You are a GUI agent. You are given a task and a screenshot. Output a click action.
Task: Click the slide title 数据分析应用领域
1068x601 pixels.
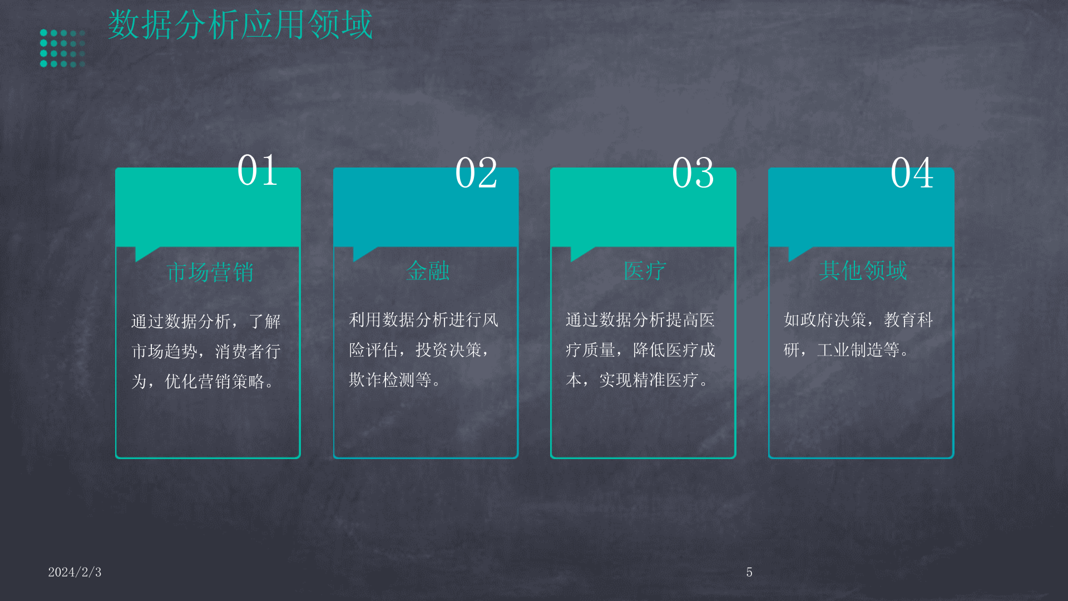pyautogui.click(x=240, y=25)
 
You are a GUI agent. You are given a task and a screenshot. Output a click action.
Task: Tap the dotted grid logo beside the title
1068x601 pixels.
pyautogui.click(x=62, y=48)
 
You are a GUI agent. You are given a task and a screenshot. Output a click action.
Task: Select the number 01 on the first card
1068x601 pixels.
pyautogui.click(x=258, y=170)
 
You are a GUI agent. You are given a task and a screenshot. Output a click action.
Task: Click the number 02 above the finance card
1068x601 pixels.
pyautogui.click(x=476, y=173)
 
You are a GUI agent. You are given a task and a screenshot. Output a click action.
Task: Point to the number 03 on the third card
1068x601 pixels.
pyautogui.click(x=693, y=173)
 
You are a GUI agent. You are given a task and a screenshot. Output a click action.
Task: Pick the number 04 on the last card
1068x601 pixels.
pyautogui.click(x=912, y=173)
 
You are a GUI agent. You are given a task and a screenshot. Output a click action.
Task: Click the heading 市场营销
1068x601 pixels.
pyautogui.click(x=210, y=272)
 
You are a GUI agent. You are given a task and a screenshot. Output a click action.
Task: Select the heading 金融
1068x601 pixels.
pyautogui.click(x=428, y=271)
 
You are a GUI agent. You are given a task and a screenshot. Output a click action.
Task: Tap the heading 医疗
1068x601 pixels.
pyautogui.click(x=645, y=271)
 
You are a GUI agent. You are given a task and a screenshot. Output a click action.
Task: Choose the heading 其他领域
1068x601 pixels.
pyautogui.click(x=863, y=270)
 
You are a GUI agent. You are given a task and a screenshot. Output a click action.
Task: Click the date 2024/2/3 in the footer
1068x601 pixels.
pyautogui.click(x=75, y=572)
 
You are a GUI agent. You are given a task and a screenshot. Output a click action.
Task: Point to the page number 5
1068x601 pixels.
pyautogui.click(x=749, y=572)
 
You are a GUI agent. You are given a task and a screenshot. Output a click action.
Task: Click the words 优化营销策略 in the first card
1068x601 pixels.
pyautogui.click(x=215, y=382)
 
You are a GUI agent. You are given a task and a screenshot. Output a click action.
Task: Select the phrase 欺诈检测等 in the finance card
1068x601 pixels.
pyautogui.click(x=390, y=380)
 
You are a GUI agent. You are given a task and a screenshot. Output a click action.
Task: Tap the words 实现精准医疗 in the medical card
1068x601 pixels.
pyautogui.click(x=649, y=380)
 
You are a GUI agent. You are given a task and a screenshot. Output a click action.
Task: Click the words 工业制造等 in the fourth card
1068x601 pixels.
pyautogui.click(x=858, y=350)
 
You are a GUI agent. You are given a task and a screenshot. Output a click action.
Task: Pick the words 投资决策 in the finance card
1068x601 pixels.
pyautogui.click(x=448, y=350)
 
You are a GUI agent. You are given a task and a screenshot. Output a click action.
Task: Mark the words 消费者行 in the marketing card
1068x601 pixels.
pyautogui.click(x=248, y=352)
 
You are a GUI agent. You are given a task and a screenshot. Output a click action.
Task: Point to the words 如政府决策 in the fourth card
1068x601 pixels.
pyautogui.click(x=825, y=320)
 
